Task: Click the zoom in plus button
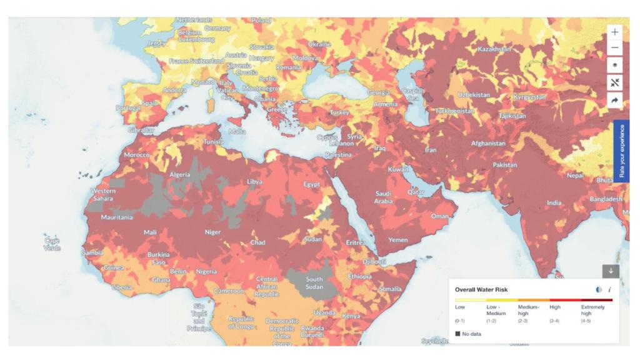click(x=615, y=32)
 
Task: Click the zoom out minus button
click(x=615, y=48)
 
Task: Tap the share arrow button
click(x=615, y=100)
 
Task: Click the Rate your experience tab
click(x=621, y=152)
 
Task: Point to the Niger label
click(x=213, y=232)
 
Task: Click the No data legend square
click(x=458, y=334)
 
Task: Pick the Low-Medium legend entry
click(x=495, y=309)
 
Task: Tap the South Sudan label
click(x=314, y=283)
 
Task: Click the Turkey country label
click(x=341, y=112)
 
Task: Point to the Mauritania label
click(x=117, y=217)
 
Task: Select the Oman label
click(x=440, y=216)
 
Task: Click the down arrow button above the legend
click(x=611, y=271)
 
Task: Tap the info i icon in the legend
click(x=609, y=290)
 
